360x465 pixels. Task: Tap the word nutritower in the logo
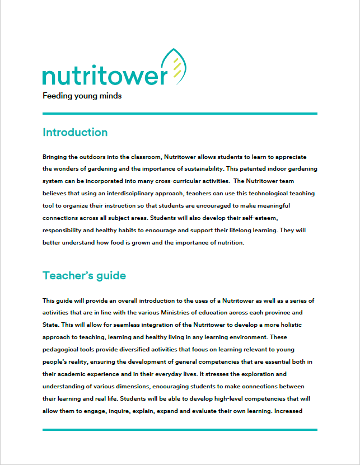pyautogui.click(x=105, y=76)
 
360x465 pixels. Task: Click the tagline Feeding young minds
pyautogui.click(x=82, y=95)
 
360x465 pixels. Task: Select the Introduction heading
pyautogui.click(x=75, y=133)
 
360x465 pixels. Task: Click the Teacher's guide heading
pyautogui.click(x=84, y=276)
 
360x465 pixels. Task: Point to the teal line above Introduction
pyautogui.click(x=180, y=114)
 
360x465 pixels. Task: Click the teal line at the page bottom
pyautogui.click(x=180, y=430)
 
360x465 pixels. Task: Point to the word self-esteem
pyautogui.click(x=272, y=218)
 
